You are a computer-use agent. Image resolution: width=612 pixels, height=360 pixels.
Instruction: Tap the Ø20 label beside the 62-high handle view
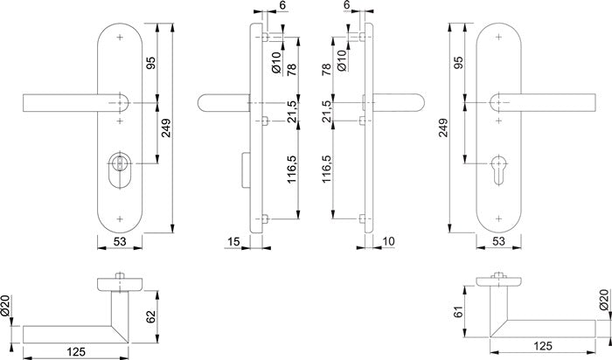(x=7, y=308)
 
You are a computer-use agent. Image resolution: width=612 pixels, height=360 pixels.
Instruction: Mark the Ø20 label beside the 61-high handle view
(x=603, y=301)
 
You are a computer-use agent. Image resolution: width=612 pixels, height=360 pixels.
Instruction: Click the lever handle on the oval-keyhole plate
(x=66, y=103)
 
